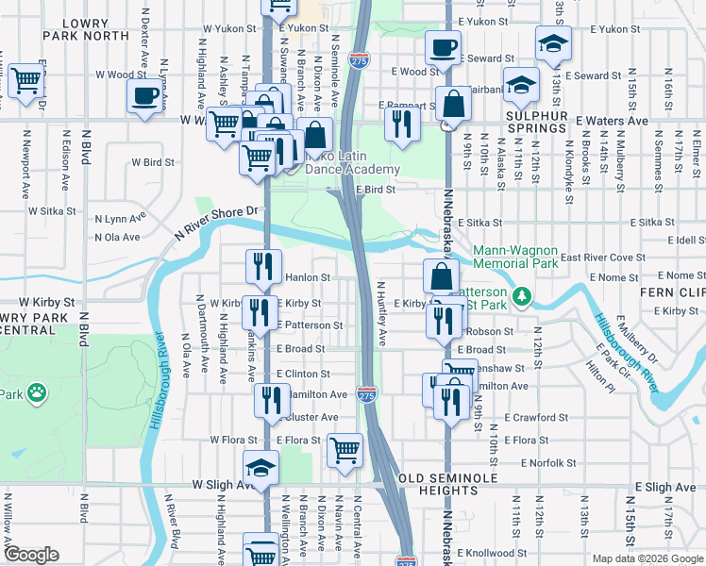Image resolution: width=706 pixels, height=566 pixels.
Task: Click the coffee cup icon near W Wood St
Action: (144, 96)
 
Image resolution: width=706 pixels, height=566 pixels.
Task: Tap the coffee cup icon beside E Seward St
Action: (442, 46)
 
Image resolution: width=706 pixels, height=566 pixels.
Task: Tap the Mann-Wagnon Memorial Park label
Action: (515, 258)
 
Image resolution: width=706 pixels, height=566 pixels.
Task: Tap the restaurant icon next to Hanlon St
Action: (263, 266)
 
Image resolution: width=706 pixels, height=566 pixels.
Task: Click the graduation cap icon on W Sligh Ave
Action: (261, 466)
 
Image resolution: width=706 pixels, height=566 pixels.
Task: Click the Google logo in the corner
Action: (31, 555)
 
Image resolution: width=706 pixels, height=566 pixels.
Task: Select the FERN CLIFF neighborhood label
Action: (673, 292)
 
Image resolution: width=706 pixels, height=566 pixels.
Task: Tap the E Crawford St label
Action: (536, 416)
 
